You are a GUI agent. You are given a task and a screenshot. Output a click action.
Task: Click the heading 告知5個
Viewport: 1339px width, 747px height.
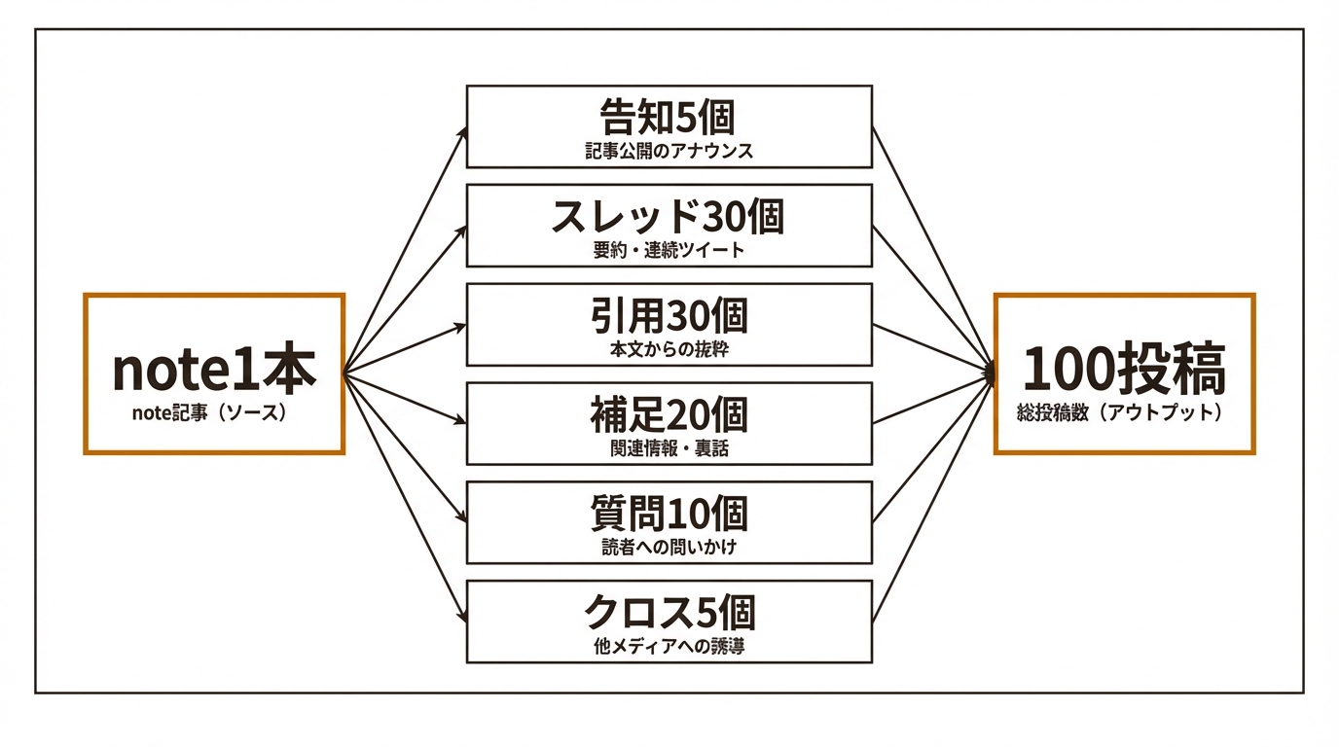pos(669,119)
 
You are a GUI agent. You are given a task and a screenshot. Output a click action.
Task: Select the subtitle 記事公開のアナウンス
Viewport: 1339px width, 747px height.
pos(669,152)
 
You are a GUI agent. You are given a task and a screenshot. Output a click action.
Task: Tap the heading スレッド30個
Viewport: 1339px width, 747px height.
pos(669,217)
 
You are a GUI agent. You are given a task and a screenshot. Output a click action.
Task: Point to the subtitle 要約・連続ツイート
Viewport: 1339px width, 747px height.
pos(669,250)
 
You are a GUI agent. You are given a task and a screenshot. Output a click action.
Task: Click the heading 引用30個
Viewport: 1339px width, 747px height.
pos(669,316)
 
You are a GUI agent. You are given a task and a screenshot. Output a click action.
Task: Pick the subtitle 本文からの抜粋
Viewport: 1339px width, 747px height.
pos(669,349)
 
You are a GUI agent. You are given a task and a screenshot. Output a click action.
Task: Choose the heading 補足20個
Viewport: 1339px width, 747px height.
pos(669,415)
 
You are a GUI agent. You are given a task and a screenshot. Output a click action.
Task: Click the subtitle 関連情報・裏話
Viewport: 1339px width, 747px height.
pos(669,448)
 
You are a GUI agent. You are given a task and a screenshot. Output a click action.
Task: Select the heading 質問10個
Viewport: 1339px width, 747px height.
pos(669,514)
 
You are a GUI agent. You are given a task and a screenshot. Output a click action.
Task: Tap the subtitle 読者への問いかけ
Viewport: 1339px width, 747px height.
pos(669,547)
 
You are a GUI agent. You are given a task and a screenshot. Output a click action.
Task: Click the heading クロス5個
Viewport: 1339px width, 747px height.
pos(669,613)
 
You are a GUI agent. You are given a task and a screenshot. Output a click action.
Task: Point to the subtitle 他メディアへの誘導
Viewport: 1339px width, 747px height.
pos(669,646)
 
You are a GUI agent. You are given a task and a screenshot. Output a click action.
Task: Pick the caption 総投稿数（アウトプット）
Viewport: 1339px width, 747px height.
pos(1124,412)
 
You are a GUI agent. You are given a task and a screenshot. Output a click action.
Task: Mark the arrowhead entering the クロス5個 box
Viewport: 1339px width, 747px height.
pos(461,617)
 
